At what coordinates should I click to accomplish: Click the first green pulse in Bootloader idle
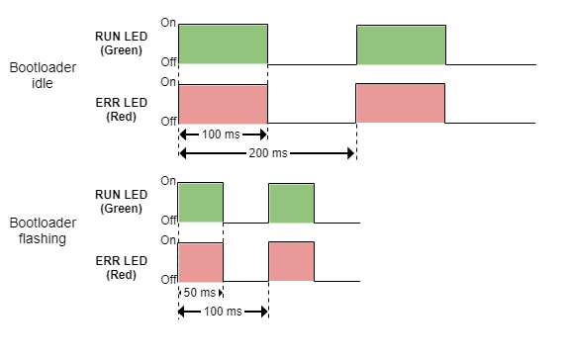(x=224, y=44)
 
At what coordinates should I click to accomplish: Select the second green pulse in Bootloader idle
(x=402, y=44)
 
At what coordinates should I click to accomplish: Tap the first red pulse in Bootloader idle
(x=224, y=104)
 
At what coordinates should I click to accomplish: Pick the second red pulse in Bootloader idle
(x=401, y=104)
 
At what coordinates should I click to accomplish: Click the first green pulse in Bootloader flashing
(x=201, y=203)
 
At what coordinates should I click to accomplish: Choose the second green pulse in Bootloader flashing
(x=291, y=203)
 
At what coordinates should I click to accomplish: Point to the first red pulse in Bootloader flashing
(x=201, y=261)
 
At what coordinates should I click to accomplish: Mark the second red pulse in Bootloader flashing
(x=291, y=261)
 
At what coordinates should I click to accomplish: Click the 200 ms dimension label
(x=267, y=153)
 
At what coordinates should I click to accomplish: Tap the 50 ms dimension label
(x=199, y=293)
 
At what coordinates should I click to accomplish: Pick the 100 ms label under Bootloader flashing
(x=224, y=312)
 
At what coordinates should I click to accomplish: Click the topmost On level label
(x=169, y=22)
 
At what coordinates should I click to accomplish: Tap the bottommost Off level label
(x=168, y=280)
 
